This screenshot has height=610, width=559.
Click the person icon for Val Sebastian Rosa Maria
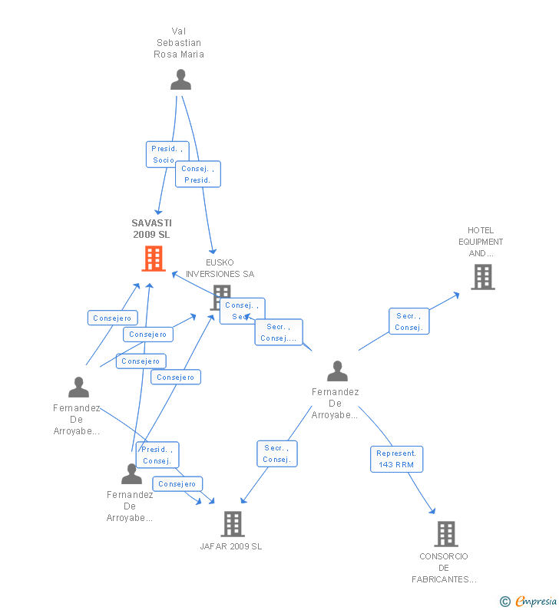pyautogui.click(x=180, y=80)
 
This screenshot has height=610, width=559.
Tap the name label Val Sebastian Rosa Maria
pyautogui.click(x=179, y=43)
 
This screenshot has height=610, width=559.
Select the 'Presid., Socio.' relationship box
pyautogui.click(x=167, y=154)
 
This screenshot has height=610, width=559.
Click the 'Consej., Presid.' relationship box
pyautogui.click(x=197, y=174)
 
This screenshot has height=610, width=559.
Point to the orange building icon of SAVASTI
pyautogui.click(x=154, y=259)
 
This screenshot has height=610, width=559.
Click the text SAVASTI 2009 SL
pyautogui.click(x=151, y=229)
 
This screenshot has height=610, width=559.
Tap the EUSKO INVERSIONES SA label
pyautogui.click(x=220, y=269)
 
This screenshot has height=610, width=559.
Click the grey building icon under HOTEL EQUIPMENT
pyautogui.click(x=482, y=277)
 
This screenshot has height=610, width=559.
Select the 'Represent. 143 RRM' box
pyautogui.click(x=396, y=459)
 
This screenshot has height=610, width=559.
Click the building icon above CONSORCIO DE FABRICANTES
pyautogui.click(x=445, y=533)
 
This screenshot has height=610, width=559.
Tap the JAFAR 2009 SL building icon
pyautogui.click(x=232, y=524)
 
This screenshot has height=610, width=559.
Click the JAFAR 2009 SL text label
pyautogui.click(x=231, y=546)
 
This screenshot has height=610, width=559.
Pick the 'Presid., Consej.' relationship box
pyautogui.click(x=157, y=455)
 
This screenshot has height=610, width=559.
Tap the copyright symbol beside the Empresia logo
pyautogui.click(x=504, y=602)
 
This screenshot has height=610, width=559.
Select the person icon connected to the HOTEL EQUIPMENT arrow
pyautogui.click(x=337, y=371)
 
